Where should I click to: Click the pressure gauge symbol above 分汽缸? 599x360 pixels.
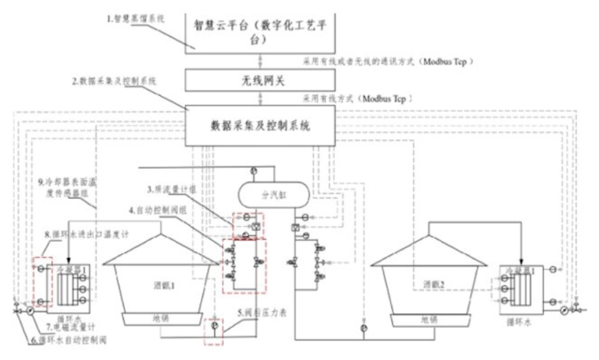tap(253, 169)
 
